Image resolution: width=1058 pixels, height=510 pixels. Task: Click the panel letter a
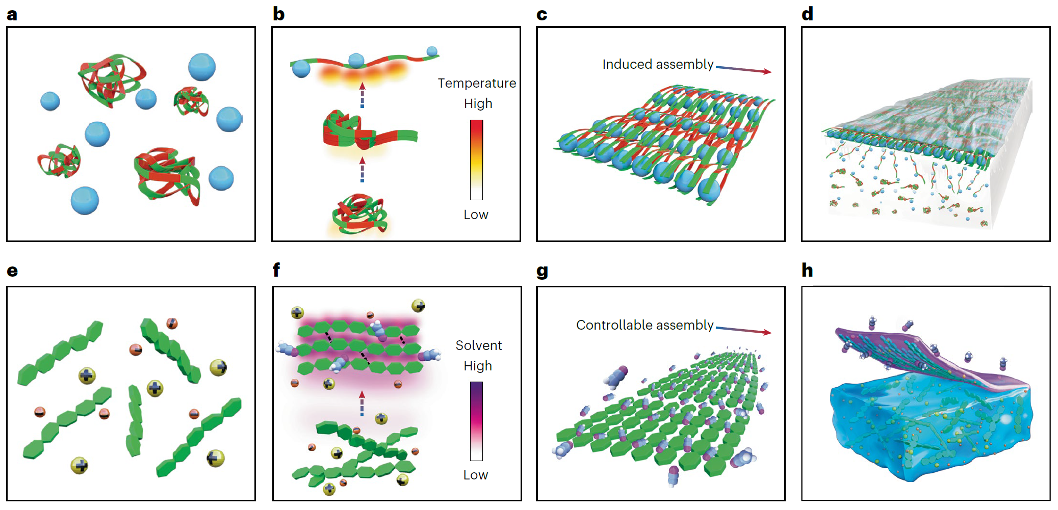12,14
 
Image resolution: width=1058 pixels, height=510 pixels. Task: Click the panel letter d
807,14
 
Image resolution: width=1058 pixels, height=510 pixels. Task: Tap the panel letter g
542,271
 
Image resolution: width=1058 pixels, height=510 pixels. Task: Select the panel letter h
807,270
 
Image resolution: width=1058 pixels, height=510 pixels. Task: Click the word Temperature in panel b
477,83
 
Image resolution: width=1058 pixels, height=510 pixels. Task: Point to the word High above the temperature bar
478,103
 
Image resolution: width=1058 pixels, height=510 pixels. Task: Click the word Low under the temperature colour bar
476,214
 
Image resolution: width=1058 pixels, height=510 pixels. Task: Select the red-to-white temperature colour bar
476,159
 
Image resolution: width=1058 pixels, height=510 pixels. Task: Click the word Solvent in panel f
478,345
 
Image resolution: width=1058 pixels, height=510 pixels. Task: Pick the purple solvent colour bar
476,421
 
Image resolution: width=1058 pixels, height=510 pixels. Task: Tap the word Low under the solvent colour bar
475,475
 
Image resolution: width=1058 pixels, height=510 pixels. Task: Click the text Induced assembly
658,64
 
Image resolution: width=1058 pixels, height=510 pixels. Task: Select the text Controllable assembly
644,325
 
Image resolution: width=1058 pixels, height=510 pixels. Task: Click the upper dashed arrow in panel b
362,95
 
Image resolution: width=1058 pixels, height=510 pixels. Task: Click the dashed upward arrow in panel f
362,404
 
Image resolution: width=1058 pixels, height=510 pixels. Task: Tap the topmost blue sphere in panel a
202,67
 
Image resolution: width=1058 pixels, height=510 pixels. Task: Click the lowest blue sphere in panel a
85,200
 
